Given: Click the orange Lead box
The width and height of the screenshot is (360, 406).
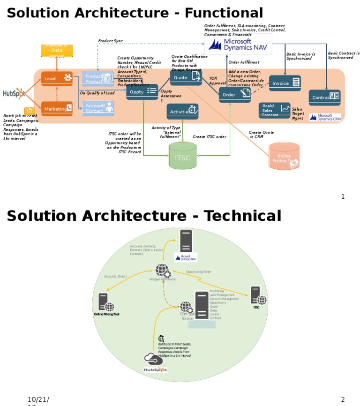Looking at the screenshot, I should (57, 78).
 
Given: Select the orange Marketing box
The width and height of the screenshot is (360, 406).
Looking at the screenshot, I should (57, 108).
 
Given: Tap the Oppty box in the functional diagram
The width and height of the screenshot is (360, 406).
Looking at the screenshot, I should (142, 92).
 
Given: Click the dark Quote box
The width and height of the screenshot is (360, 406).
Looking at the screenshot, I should (186, 77).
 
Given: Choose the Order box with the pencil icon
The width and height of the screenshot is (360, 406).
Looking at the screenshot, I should (235, 94).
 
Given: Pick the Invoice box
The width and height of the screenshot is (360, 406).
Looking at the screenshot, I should (285, 83).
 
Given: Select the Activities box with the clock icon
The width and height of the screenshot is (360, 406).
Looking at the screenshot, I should (182, 112).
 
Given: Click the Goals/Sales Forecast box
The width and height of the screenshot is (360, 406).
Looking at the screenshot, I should (274, 110).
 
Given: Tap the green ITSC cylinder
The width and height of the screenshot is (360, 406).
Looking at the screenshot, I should (182, 156).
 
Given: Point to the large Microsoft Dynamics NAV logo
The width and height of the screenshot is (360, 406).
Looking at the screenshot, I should (238, 45).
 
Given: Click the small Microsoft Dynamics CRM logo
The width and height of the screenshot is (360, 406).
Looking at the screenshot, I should (325, 117).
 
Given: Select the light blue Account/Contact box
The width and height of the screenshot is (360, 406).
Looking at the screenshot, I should (98, 108).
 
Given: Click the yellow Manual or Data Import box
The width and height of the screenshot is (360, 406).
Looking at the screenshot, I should (57, 51).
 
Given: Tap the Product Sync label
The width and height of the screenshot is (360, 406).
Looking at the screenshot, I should (110, 41).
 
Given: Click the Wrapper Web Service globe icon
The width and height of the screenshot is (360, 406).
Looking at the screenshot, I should (162, 271).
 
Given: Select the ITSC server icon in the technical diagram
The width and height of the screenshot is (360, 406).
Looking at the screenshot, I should (257, 296).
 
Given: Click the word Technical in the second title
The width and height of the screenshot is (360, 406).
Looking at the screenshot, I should (242, 216).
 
